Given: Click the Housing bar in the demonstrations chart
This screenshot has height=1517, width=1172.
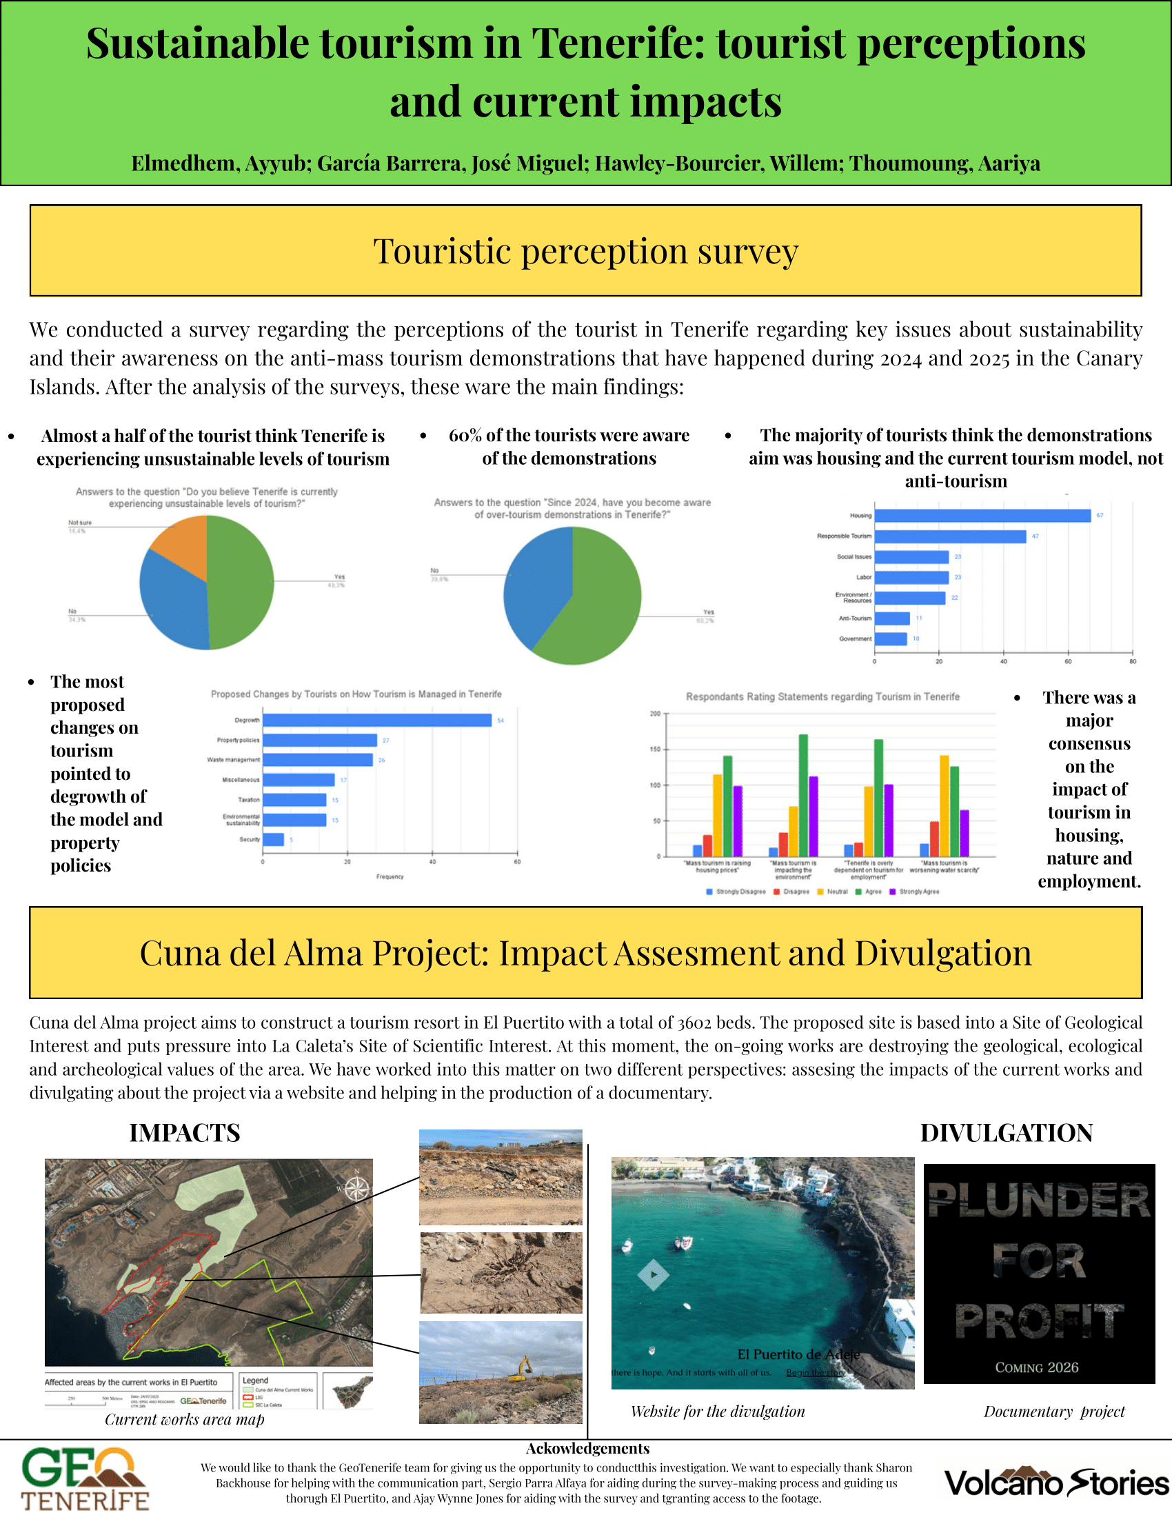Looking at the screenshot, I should [x=982, y=515].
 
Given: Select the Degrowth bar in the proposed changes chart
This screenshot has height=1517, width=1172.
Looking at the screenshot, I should [x=377, y=721].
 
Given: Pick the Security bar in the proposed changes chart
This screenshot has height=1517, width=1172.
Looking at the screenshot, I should [x=273, y=840].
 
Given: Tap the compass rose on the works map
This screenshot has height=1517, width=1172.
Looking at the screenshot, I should [x=357, y=1190].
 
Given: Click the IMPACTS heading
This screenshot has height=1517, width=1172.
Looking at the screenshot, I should [x=185, y=1133].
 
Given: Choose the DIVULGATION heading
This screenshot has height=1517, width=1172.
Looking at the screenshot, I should [x=1006, y=1133].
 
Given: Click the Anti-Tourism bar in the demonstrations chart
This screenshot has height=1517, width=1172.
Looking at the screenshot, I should [x=892, y=619].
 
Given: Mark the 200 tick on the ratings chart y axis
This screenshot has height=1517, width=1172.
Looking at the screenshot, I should [x=656, y=714].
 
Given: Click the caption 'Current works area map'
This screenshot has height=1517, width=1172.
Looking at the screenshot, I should [x=185, y=1419].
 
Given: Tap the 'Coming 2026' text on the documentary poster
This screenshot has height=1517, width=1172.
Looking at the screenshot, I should [x=1037, y=1367].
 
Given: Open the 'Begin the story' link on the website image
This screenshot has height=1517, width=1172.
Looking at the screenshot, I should [x=815, y=1372].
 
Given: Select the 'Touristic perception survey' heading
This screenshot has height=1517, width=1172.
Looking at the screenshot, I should [x=585, y=251].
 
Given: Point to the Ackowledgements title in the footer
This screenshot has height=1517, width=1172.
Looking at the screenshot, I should [x=587, y=1448].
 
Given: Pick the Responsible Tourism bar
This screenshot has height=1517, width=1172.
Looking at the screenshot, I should [x=950, y=536].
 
